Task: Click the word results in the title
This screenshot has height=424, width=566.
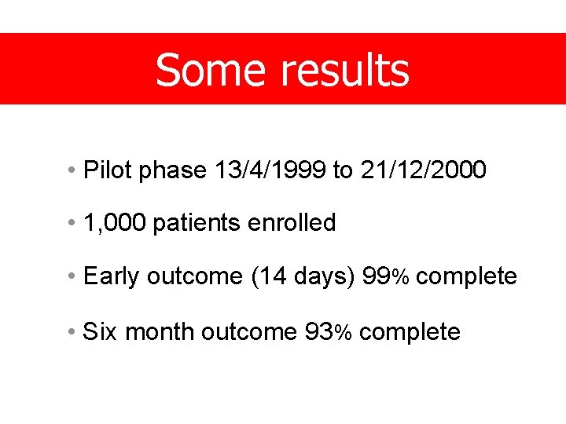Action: tap(345, 70)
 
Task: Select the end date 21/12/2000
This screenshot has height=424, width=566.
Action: tap(424, 170)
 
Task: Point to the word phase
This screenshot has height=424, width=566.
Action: tap(172, 170)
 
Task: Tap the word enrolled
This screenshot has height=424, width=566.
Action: tap(292, 223)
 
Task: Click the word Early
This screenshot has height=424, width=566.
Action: tap(112, 276)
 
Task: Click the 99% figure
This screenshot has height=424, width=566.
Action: tap(385, 277)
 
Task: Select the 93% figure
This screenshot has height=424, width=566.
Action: tap(329, 332)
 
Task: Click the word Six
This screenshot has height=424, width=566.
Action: tap(100, 332)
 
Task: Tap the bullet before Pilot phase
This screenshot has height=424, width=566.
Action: tap(71, 170)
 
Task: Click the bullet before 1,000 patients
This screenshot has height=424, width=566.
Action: tap(71, 224)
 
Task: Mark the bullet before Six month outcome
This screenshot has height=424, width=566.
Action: tap(71, 333)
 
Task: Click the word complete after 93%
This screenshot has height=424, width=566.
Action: tap(410, 333)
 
